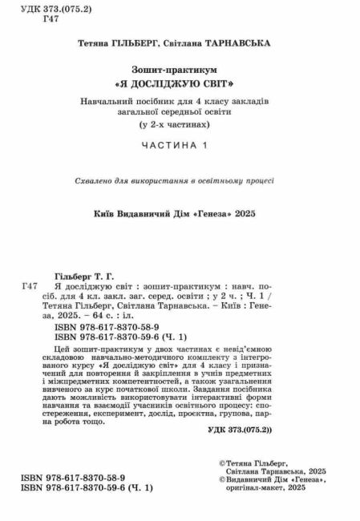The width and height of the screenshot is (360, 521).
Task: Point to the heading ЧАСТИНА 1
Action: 180,145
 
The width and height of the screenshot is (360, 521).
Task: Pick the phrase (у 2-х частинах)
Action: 180,126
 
